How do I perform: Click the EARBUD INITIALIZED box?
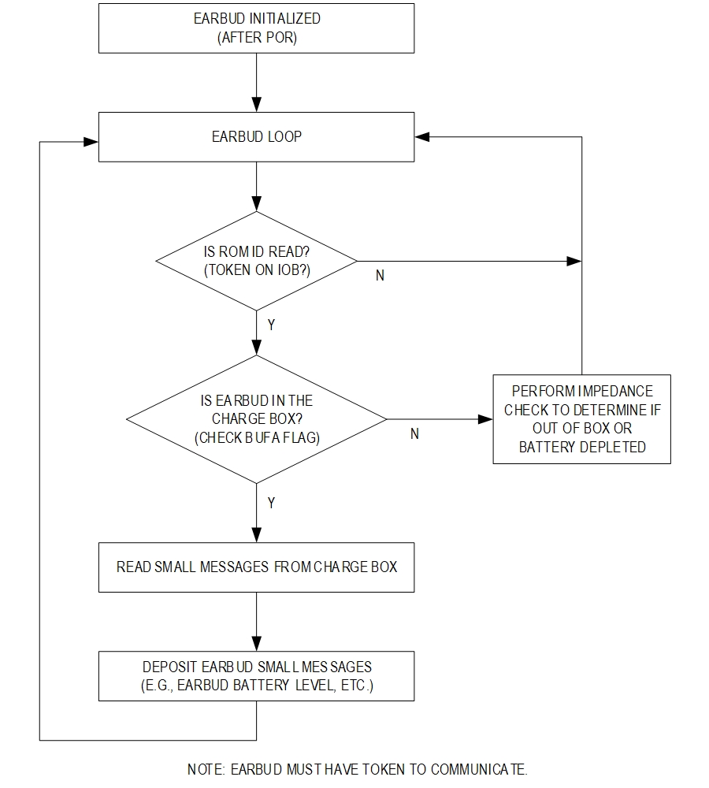point(256,28)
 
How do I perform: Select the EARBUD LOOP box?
point(256,136)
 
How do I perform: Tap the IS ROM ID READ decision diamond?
point(256,261)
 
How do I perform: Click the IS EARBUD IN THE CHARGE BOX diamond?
point(256,419)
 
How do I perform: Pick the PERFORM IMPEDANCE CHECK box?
point(582,419)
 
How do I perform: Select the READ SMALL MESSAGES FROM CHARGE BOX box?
point(256,567)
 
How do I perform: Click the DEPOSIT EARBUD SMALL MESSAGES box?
point(256,676)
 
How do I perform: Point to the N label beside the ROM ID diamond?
point(380,275)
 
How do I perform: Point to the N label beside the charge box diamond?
point(414,433)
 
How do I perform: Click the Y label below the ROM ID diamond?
point(271,325)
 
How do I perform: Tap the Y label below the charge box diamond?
point(271,503)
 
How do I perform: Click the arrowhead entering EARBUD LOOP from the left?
point(91,142)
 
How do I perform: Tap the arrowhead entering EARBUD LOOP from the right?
point(422,136)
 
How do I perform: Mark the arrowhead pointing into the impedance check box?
point(485,419)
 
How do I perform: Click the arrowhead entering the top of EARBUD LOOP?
point(256,105)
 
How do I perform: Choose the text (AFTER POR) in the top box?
point(257,38)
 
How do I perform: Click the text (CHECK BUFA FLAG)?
point(257,437)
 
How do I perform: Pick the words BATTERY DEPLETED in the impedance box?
point(582,447)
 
